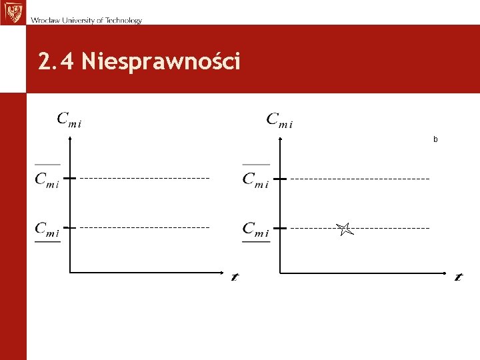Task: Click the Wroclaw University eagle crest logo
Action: click(11, 12)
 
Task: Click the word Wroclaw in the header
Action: click(44, 21)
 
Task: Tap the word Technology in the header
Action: click(122, 21)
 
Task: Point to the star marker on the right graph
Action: click(344, 229)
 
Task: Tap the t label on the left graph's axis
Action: click(235, 277)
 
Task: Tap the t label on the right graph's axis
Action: click(458, 277)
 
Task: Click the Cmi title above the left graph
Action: click(69, 120)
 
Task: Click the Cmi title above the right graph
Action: click(280, 120)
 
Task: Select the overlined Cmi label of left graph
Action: click(47, 179)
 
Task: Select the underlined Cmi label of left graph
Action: click(47, 229)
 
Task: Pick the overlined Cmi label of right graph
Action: click(256, 179)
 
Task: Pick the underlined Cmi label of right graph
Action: click(256, 229)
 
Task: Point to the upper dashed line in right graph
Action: click(360, 179)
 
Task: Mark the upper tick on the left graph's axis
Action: click(69, 178)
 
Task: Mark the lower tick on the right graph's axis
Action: click(280, 227)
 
